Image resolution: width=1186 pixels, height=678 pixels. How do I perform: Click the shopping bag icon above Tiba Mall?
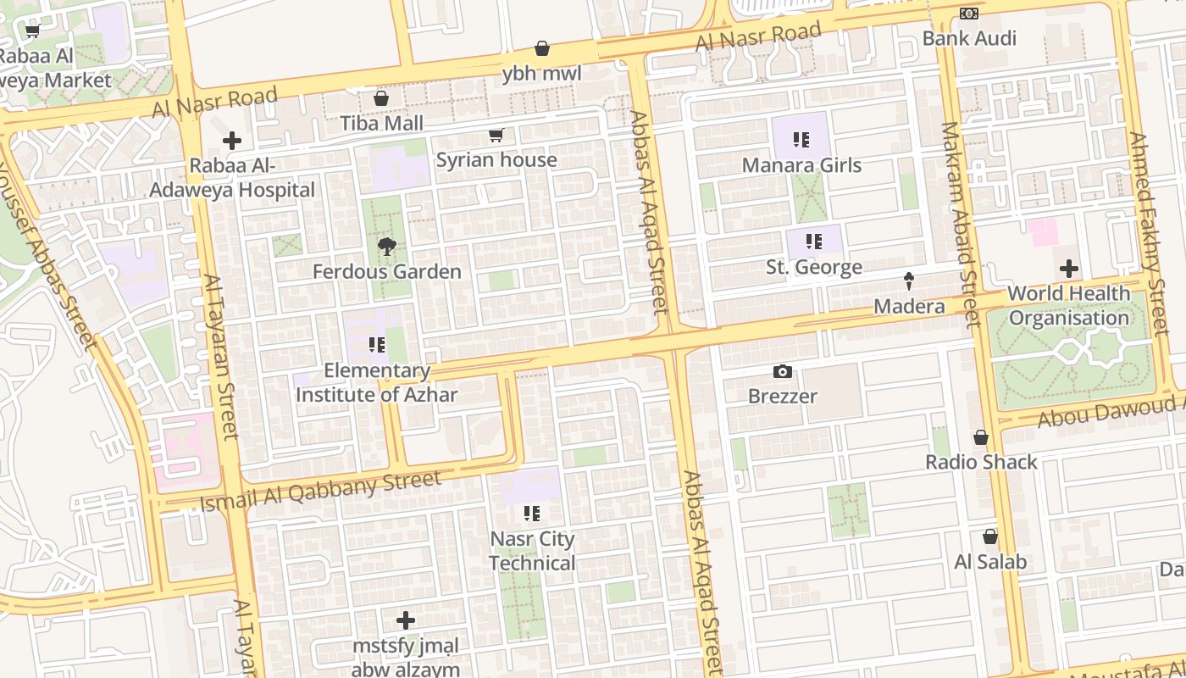[381, 98]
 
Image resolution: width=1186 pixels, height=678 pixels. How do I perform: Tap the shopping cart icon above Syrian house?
[496, 136]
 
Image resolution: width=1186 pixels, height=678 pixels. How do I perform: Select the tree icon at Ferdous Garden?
[387, 247]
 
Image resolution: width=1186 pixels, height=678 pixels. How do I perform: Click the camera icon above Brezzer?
[783, 371]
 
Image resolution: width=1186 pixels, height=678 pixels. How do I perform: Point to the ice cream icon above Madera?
[909, 281]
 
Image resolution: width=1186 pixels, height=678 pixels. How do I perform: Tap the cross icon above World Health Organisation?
[1069, 269]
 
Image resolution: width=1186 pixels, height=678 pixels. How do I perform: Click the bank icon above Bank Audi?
[969, 14]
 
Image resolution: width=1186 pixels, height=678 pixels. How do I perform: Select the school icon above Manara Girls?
[801, 140]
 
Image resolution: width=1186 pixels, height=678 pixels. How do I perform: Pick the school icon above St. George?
[814, 242]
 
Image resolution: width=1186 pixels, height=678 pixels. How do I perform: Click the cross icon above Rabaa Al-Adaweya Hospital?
[232, 141]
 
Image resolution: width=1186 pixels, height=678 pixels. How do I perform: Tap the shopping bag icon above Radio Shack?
[981, 437]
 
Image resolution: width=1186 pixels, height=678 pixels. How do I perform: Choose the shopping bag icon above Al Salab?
[989, 536]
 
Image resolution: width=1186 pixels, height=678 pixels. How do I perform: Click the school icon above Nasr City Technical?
[532, 513]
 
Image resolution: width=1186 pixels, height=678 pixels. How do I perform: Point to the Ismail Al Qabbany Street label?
[320, 492]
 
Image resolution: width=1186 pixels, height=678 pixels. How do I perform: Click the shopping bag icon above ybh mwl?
[542, 48]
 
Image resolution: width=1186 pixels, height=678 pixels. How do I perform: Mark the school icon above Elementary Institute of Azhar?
[377, 345]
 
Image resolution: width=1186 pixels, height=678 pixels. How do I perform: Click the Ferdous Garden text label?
[387, 272]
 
